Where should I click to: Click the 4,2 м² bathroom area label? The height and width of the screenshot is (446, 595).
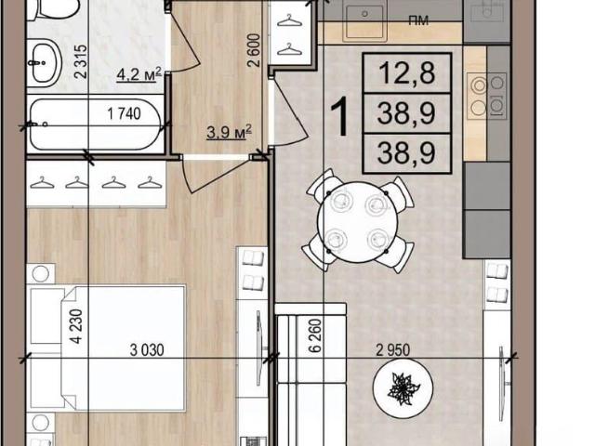point(139,74)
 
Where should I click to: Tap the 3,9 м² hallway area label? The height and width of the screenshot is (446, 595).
point(230,132)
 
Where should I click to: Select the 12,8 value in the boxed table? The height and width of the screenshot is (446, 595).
point(407,72)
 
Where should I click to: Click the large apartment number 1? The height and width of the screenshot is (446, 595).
point(339,116)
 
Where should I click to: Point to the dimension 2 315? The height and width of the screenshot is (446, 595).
point(81,62)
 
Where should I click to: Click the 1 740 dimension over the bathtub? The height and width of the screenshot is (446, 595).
point(124,113)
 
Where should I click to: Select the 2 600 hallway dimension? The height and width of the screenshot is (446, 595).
point(254,50)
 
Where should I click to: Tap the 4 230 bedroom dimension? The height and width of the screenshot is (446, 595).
point(76,326)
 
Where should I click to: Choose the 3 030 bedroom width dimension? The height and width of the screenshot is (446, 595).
point(147,349)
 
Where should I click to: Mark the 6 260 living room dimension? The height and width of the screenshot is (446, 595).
point(315,336)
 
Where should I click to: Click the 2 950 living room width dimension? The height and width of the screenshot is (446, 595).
point(393,349)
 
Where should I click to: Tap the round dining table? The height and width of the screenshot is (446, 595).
point(358,222)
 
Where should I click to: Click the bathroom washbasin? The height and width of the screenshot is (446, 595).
point(44,63)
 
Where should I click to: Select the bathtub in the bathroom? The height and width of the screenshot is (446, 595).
point(96,125)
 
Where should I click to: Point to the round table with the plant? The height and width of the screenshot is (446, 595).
point(403,388)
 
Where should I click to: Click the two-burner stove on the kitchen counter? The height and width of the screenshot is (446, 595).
point(487,96)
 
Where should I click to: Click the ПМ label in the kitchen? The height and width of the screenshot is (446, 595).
point(418,20)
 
